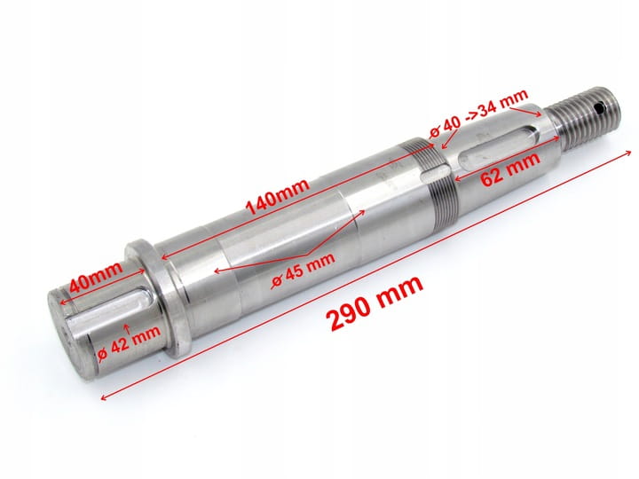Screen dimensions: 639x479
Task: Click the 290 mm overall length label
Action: (376, 302)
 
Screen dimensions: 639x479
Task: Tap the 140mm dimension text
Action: (277, 197)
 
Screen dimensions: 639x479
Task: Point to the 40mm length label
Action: (96, 277)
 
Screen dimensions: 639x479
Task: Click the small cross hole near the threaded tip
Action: (598, 108)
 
